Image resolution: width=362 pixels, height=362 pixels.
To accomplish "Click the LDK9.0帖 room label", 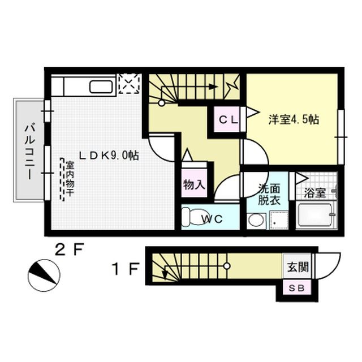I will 109,154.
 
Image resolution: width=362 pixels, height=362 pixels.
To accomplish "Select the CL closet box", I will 228,119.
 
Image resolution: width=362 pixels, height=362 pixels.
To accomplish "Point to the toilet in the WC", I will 192,217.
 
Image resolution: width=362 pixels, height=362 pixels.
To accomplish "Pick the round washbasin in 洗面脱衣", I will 256,220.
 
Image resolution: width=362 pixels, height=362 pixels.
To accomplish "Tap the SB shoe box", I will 296,288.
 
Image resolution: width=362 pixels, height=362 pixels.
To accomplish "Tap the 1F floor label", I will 125,270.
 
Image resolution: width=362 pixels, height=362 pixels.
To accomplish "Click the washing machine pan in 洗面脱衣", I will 279,219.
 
